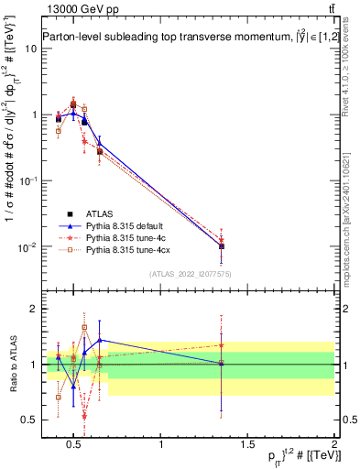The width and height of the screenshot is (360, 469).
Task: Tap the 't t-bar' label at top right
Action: pos(328,10)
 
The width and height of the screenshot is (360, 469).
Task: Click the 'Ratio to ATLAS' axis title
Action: pos(10,365)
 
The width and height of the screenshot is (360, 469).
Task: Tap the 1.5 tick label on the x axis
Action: pos(247,444)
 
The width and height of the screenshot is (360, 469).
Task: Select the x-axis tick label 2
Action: pos(334,444)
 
